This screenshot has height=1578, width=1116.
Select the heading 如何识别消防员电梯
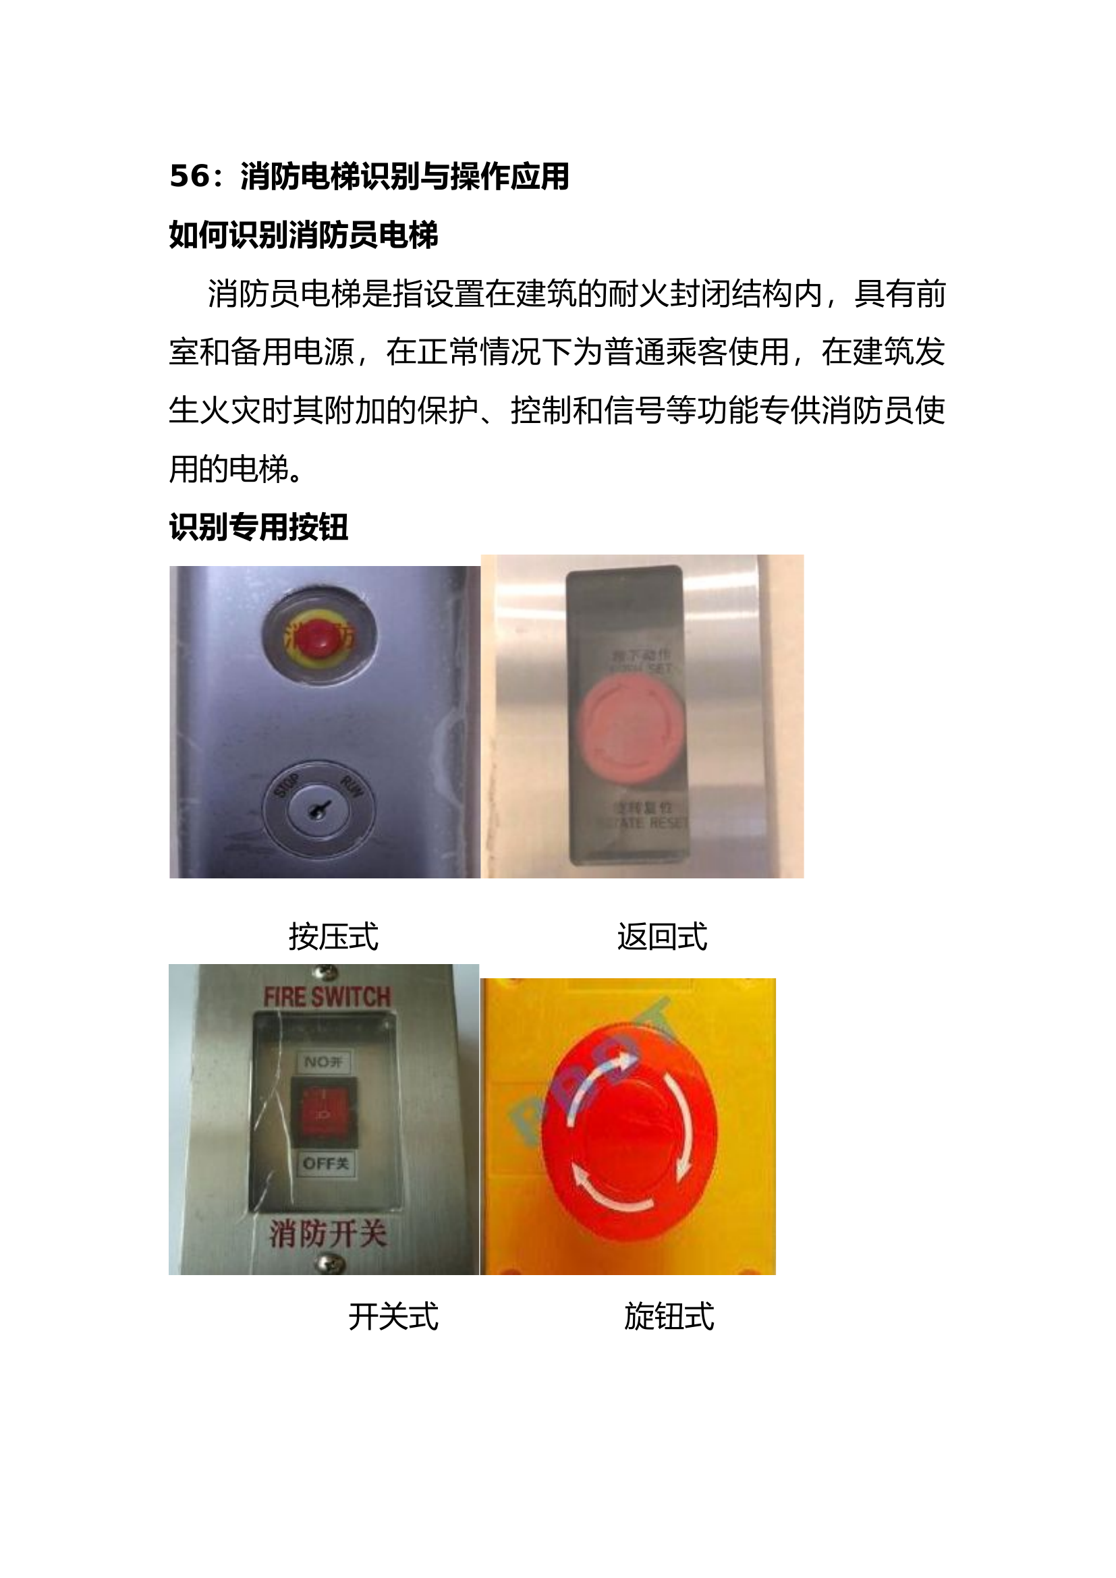tap(303, 235)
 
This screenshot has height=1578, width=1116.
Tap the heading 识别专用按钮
tap(258, 527)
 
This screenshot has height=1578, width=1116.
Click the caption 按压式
tap(333, 937)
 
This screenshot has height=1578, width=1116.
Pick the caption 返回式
tap(662, 937)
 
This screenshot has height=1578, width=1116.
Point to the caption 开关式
tap(393, 1317)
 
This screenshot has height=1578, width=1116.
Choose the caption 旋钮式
tap(669, 1317)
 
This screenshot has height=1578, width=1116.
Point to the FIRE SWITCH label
tap(327, 997)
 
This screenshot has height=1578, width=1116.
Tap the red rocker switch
tap(325, 1112)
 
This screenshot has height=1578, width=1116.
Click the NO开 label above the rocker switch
tap(324, 1063)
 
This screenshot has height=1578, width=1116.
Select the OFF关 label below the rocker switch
tap(326, 1164)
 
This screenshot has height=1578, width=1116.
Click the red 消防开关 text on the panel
tap(327, 1233)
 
